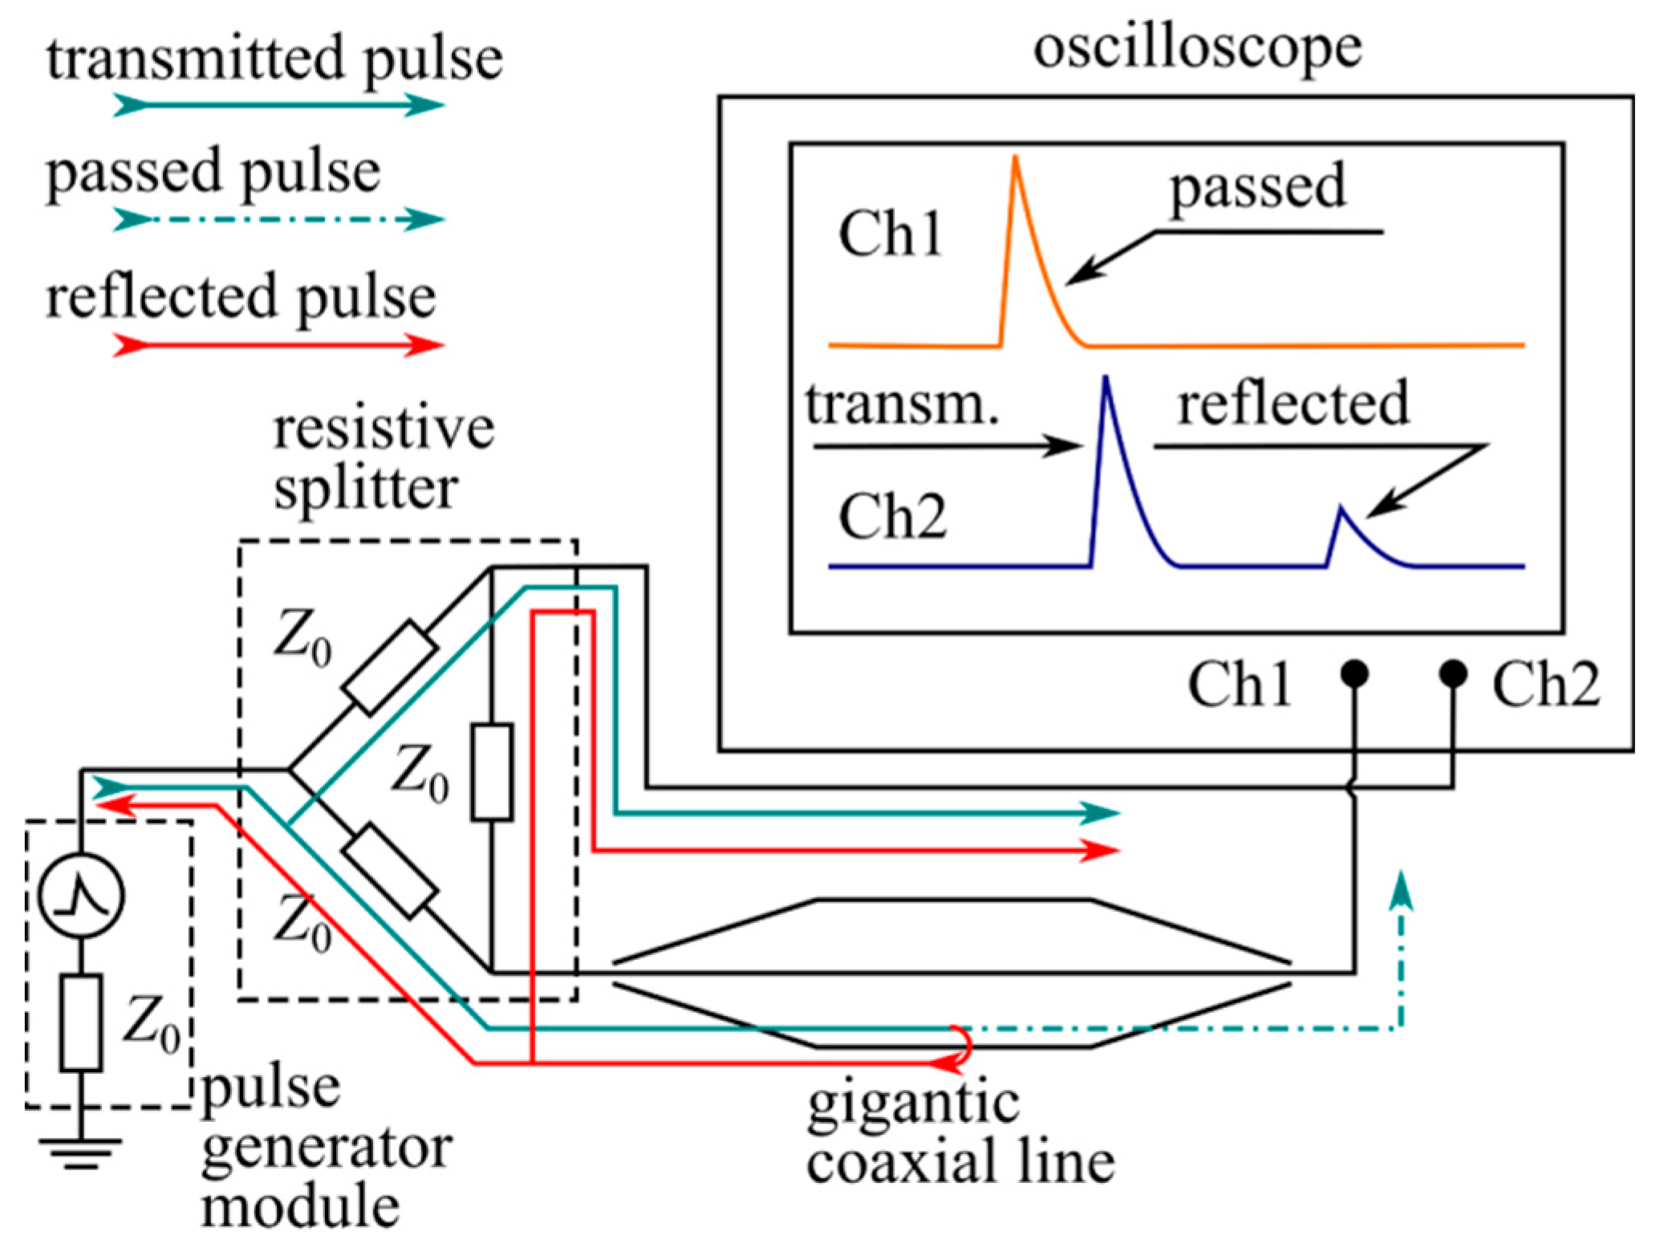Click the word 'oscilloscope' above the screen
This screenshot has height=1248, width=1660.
[x=1197, y=50]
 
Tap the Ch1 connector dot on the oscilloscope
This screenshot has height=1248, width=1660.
[x=1355, y=673]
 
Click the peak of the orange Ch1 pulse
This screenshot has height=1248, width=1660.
[x=1016, y=158]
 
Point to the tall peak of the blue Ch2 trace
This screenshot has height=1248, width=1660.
[x=1106, y=378]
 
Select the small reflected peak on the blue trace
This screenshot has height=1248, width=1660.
[x=1341, y=509]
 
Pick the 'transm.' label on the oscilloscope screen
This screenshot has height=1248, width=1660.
[x=903, y=404]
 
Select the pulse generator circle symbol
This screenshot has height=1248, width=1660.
[x=82, y=895]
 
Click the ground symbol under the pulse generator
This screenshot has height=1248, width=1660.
[x=81, y=1152]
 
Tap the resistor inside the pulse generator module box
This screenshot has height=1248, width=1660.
[x=81, y=1022]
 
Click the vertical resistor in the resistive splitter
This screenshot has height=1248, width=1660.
[x=492, y=772]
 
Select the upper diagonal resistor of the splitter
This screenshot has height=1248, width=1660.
[x=390, y=667]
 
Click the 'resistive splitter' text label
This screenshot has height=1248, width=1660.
[x=383, y=459]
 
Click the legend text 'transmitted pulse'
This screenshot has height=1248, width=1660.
[x=274, y=60]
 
